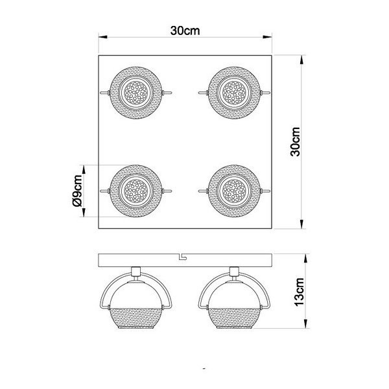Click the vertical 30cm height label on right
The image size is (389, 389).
pyautogui.click(x=296, y=141)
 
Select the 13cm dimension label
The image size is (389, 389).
pyautogui.click(x=300, y=296)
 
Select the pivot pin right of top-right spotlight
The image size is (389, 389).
pyautogui.click(x=266, y=93)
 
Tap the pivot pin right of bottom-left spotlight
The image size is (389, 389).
pyautogui.click(x=169, y=191)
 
